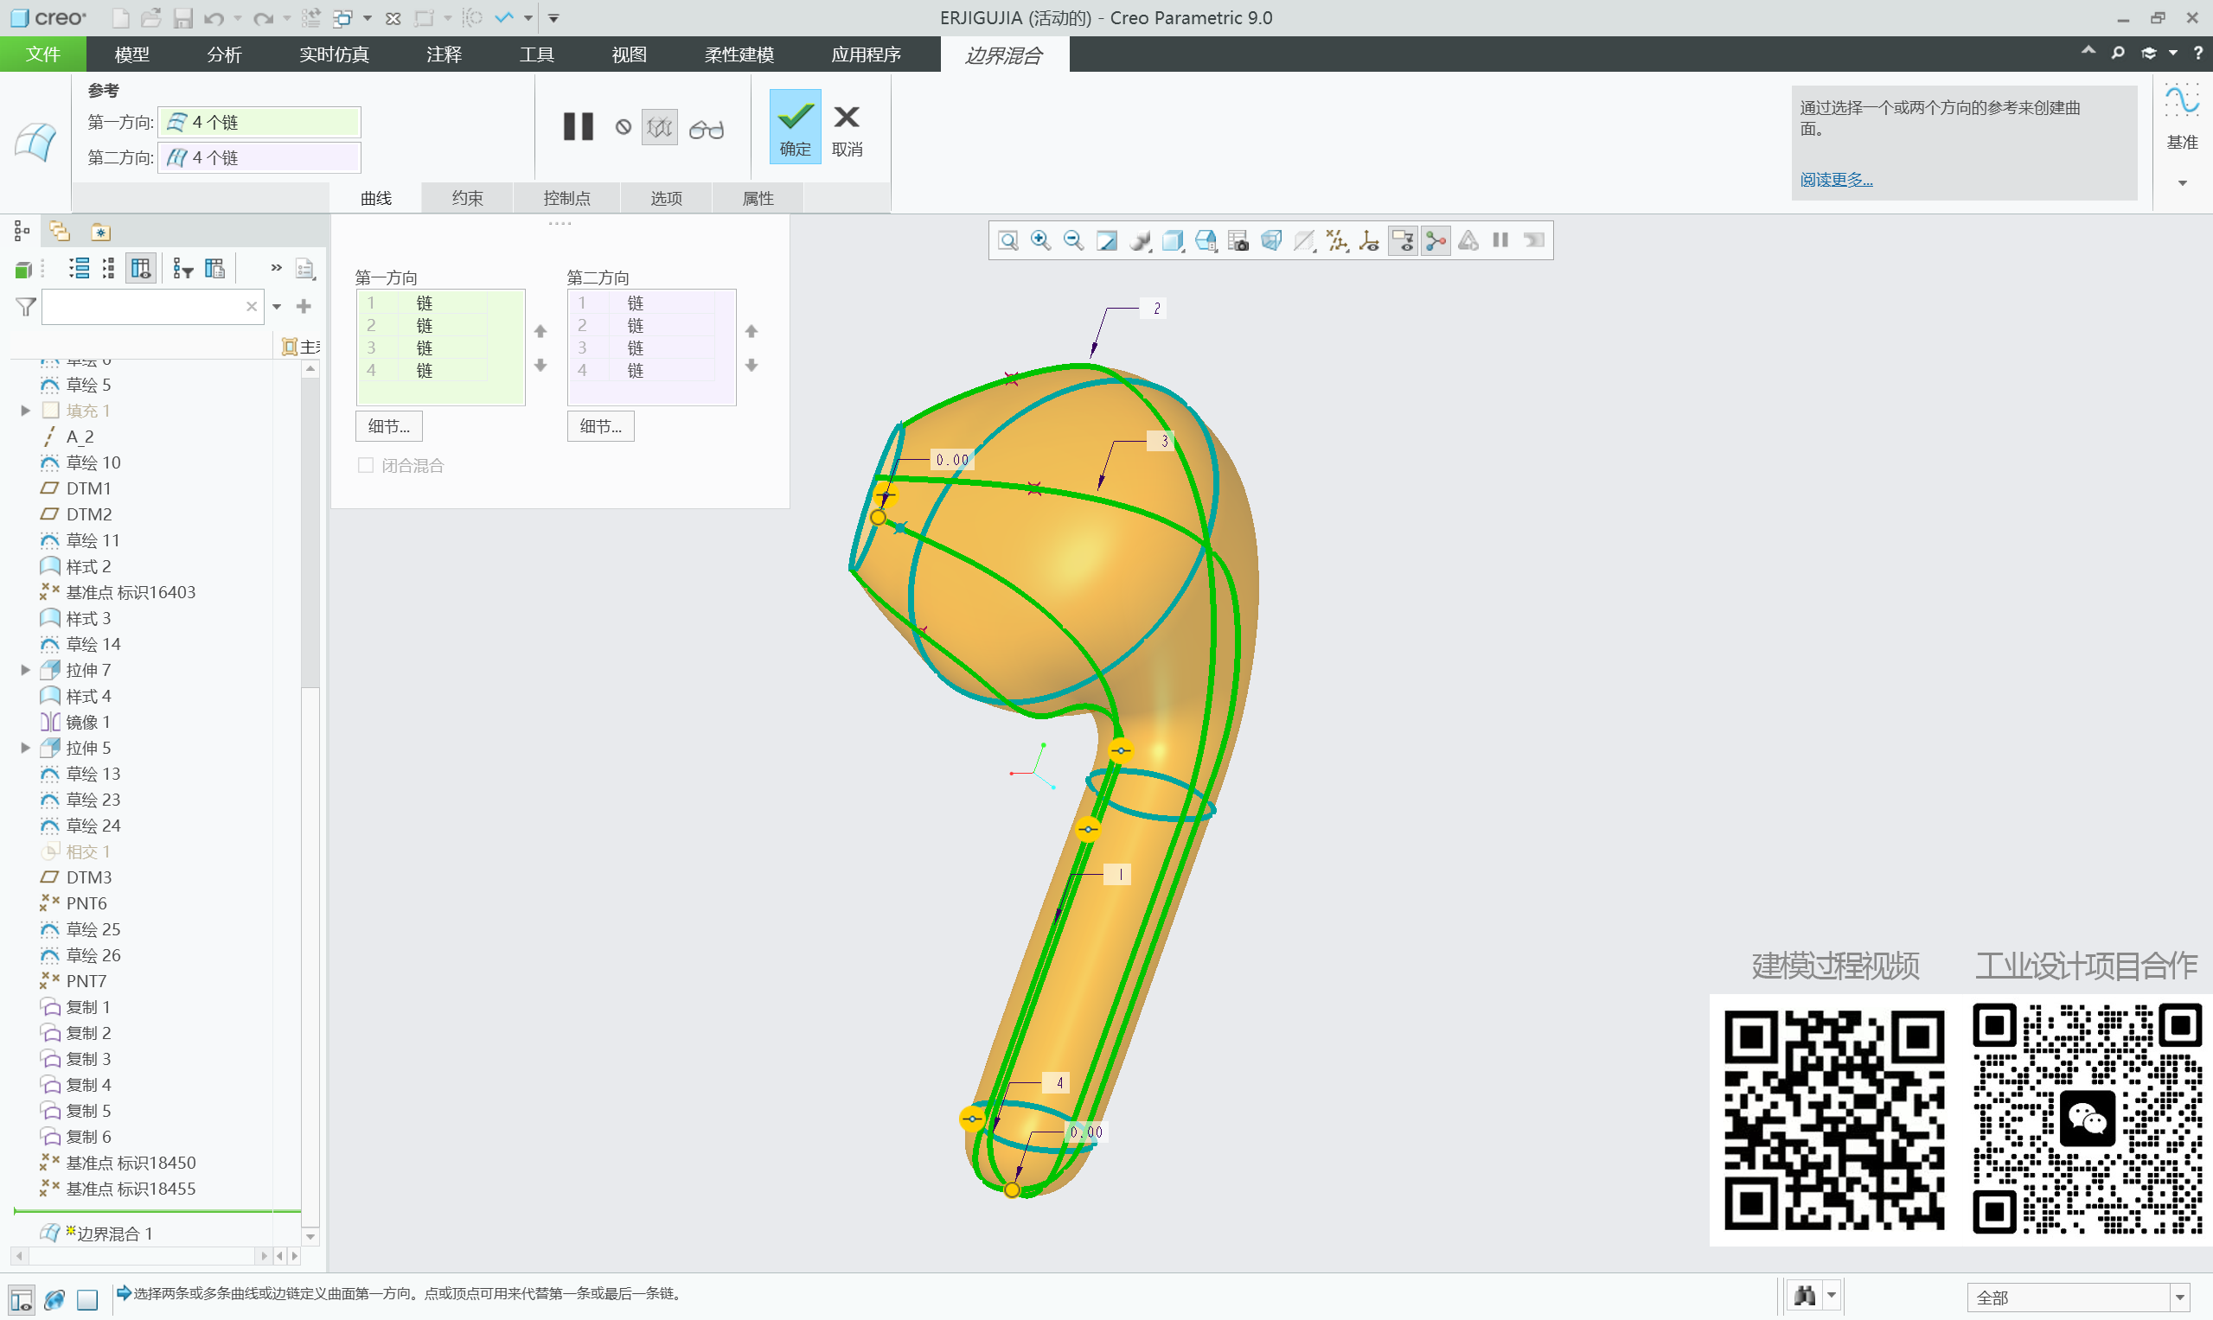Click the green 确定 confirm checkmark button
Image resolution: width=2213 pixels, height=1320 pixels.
[x=794, y=126]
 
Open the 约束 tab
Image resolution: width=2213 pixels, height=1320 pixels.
[x=467, y=197]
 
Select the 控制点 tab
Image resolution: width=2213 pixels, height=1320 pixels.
[x=566, y=197]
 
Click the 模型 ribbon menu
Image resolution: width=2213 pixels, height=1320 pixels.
[x=131, y=54]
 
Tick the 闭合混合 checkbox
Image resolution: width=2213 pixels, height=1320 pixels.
[x=366, y=465]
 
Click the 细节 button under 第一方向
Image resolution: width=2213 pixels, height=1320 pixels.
[x=389, y=426]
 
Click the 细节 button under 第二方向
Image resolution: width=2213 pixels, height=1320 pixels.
[x=601, y=426]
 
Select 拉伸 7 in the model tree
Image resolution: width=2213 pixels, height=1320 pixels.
[x=88, y=670]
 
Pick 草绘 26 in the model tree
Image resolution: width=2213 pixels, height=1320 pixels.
[x=93, y=954]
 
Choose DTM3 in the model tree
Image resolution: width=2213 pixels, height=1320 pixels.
[x=88, y=877]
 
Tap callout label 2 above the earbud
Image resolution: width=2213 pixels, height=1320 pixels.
[x=1156, y=309]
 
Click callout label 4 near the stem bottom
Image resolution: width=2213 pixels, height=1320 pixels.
[x=1059, y=1082]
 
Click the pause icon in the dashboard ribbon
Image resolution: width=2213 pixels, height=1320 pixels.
[x=579, y=127]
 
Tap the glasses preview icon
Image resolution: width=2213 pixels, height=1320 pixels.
[x=707, y=130]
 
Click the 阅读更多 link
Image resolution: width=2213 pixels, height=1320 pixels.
[x=1836, y=180]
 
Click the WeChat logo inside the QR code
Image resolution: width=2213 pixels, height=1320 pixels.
[x=2087, y=1119]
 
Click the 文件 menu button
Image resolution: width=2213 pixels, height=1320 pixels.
[x=42, y=54]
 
